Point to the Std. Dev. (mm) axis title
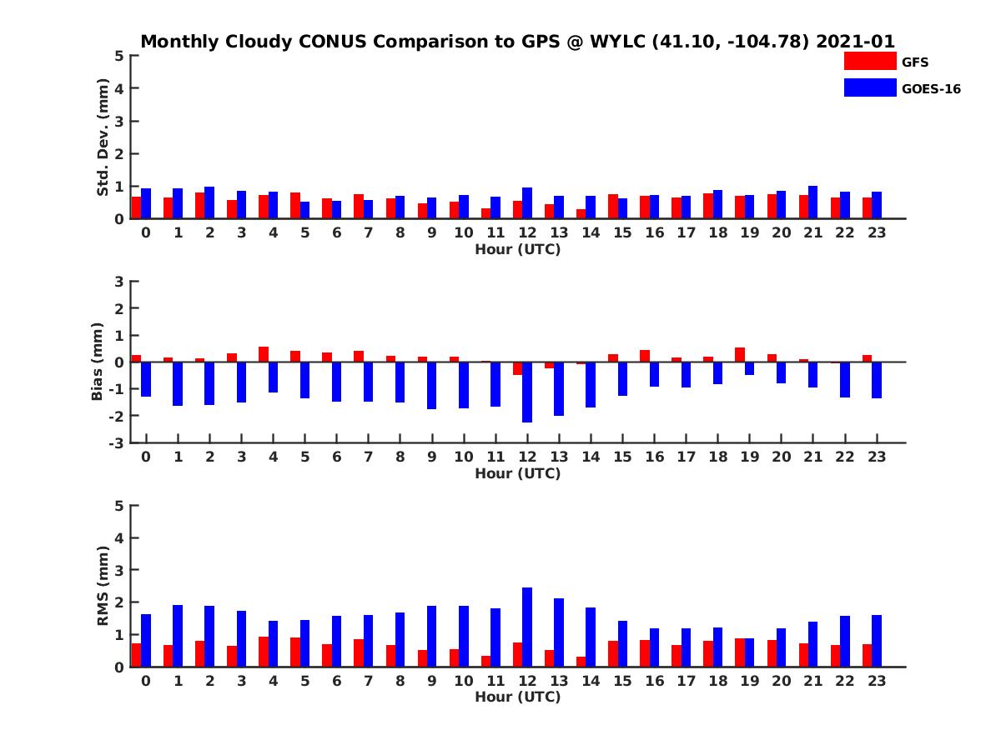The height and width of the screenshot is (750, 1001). [103, 137]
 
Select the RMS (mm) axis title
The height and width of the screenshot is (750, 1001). [103, 586]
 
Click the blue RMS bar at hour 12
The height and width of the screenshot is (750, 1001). [527, 627]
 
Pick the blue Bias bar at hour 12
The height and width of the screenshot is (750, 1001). [527, 392]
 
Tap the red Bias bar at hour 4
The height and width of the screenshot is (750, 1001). [264, 354]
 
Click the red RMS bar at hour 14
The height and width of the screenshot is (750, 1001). [581, 662]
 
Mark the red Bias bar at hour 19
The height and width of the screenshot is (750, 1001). [740, 355]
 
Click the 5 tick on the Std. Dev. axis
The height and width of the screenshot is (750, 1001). [120, 56]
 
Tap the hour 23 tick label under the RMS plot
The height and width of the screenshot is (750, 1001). [876, 680]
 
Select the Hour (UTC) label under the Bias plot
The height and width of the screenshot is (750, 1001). [517, 473]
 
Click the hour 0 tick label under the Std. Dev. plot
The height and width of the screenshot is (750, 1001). [146, 232]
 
